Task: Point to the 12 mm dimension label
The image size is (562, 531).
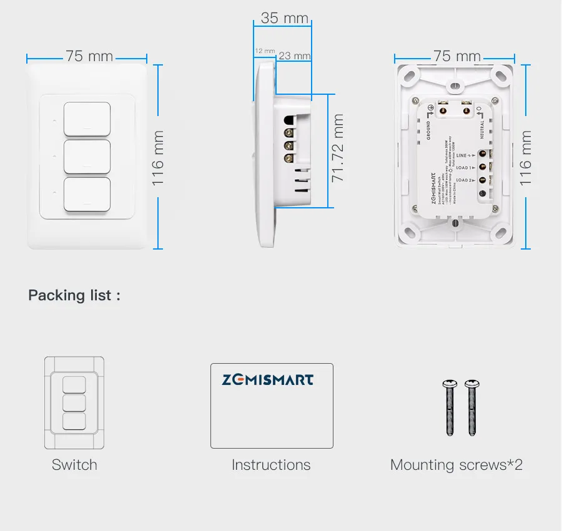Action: point(264,51)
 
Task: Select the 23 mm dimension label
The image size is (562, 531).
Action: point(294,56)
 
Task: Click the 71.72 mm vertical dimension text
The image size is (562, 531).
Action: point(338,149)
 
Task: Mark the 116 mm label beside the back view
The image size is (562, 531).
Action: point(526,157)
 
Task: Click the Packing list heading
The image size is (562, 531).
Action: point(74,295)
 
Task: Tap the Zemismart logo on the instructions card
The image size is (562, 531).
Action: point(268,379)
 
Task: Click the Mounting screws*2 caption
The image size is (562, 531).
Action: point(456,465)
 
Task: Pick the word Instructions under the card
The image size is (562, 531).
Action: point(271,465)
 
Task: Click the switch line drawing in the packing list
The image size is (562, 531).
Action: point(74,402)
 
